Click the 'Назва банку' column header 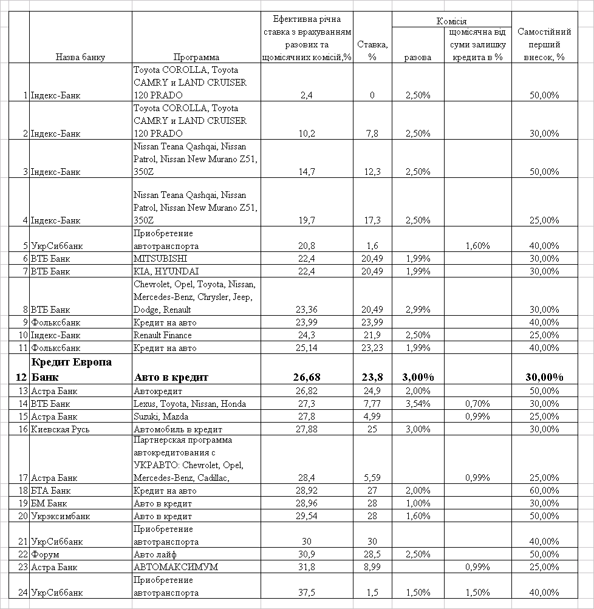[80, 57]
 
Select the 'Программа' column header [196, 57]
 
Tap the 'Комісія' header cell [451, 21]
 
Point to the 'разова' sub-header [417, 57]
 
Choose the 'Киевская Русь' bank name [60, 429]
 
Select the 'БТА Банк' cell [50, 491]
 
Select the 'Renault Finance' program [162, 335]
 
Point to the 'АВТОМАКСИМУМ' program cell [176, 567]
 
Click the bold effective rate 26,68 [306, 377]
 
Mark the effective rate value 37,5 [307, 593]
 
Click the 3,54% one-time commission [417, 404]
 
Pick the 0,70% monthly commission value [477, 404]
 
